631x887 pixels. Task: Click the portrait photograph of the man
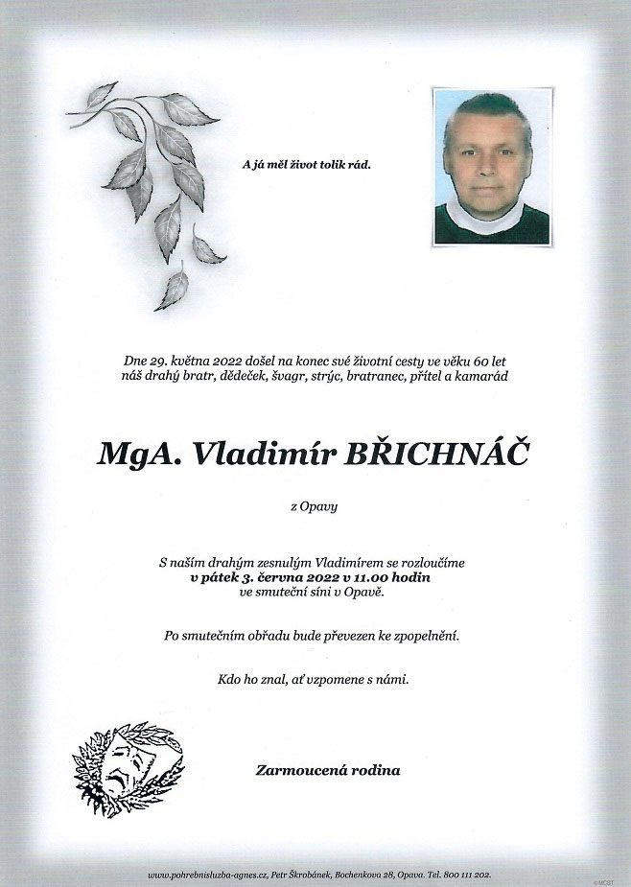pos(491,168)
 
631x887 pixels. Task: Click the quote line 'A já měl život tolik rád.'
pos(306,165)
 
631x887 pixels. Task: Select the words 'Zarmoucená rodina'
pos(328,770)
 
